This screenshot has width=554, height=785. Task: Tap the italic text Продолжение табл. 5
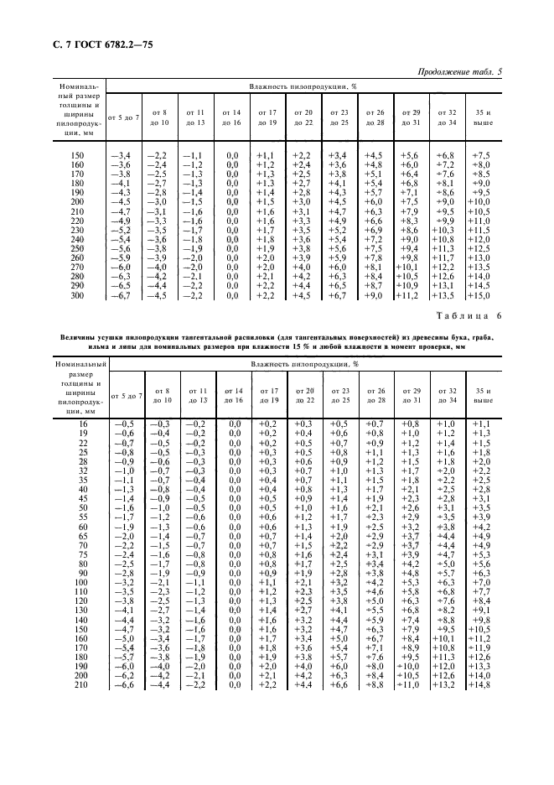459,72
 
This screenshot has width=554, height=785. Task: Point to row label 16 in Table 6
81,424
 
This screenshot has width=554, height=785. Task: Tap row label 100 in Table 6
81,581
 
